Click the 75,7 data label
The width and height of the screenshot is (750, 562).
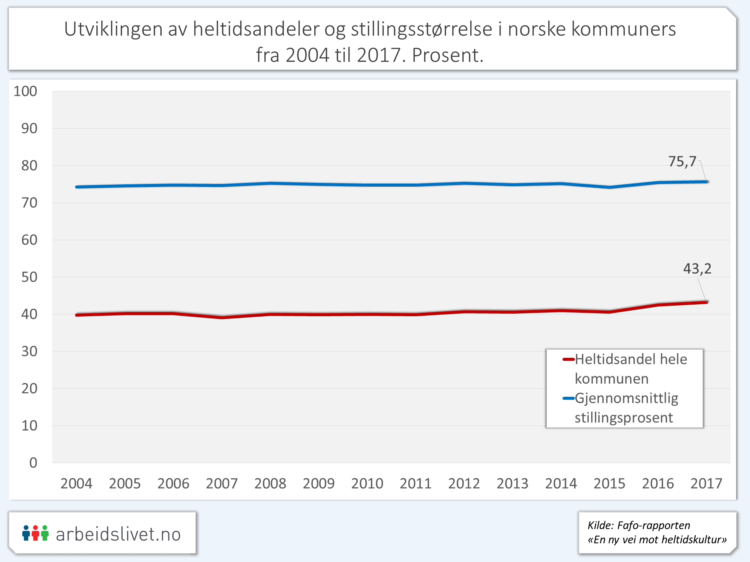(682, 161)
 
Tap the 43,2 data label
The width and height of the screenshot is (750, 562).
(697, 269)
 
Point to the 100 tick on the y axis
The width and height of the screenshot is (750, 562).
(25, 91)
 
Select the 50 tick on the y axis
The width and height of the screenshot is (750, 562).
(29, 277)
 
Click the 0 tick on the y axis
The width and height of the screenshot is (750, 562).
(33, 463)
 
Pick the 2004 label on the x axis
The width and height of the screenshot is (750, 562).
(76, 483)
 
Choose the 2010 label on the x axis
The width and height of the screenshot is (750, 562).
(367, 483)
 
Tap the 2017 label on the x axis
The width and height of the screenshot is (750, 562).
(706, 483)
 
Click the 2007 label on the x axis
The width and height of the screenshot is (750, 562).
(222, 483)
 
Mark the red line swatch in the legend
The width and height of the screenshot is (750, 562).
(568, 360)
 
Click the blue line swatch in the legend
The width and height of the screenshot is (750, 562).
(568, 398)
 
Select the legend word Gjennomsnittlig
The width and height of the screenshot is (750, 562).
(626, 398)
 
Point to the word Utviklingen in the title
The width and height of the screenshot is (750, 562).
(113, 29)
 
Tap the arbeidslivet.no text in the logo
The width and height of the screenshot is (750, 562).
(118, 534)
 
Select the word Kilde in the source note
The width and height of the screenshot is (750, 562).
(600, 525)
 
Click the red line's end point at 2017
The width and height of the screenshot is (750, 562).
(706, 302)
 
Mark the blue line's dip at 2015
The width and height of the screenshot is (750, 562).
(609, 187)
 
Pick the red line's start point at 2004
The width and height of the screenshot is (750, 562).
(77, 315)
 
